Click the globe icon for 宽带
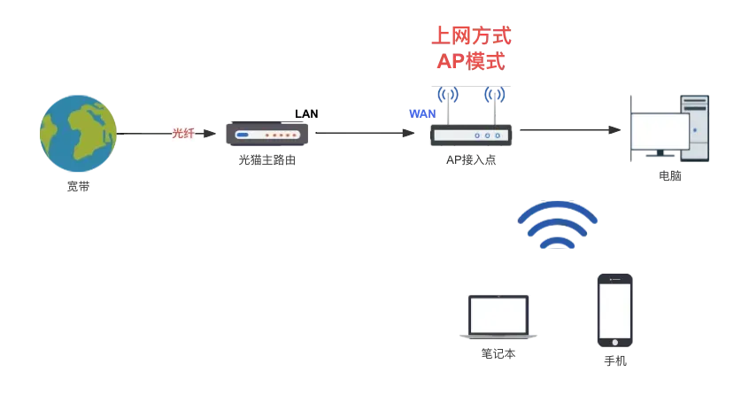[x=78, y=133]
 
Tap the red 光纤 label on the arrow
[x=183, y=133]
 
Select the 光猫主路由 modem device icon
[x=267, y=134]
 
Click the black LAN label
[x=306, y=113]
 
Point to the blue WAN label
[x=422, y=113]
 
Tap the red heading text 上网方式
[x=472, y=35]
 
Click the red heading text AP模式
[x=472, y=61]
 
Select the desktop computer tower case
[x=695, y=128]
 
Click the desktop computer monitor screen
[x=660, y=132]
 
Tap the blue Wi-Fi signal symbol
[x=558, y=224]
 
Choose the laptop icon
[x=498, y=317]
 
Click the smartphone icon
[x=615, y=311]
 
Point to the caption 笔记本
[x=498, y=353]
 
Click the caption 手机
[x=615, y=360]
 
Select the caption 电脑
[x=669, y=175]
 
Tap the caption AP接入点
[x=471, y=160]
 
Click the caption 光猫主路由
[x=267, y=160]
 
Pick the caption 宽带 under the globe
[x=78, y=186]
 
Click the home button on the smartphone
[x=615, y=343]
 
